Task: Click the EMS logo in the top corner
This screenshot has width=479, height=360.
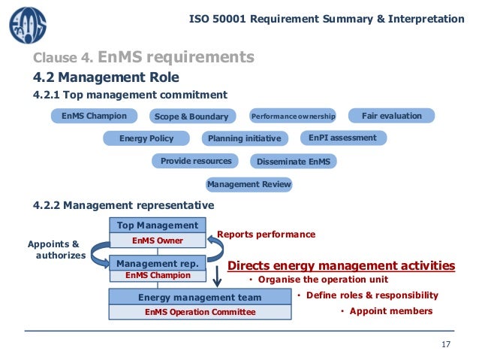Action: (x=27, y=25)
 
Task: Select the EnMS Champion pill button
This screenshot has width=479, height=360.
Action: (x=94, y=116)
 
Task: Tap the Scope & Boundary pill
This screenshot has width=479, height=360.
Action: (x=190, y=116)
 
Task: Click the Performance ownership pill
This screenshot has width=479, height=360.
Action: (x=292, y=116)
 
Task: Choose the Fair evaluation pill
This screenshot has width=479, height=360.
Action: (x=391, y=116)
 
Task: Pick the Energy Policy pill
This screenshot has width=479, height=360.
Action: (x=146, y=138)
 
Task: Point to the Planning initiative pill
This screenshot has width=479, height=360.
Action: (x=244, y=138)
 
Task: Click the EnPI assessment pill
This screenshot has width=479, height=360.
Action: (x=342, y=138)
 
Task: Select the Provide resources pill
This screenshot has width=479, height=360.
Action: (x=196, y=161)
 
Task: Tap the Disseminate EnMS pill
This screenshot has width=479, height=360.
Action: (x=292, y=162)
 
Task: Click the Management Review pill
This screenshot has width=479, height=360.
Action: (x=249, y=184)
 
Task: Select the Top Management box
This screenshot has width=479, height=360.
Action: (x=158, y=225)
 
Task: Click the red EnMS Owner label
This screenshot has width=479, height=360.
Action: (x=158, y=241)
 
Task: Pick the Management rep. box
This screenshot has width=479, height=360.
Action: (x=158, y=263)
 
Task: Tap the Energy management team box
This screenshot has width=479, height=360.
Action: (x=200, y=297)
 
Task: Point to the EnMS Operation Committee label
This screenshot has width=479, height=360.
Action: (x=200, y=312)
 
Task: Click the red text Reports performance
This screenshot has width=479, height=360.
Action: (x=266, y=234)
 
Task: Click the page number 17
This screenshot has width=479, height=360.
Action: (x=446, y=345)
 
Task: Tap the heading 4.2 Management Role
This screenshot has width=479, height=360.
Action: (x=106, y=77)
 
